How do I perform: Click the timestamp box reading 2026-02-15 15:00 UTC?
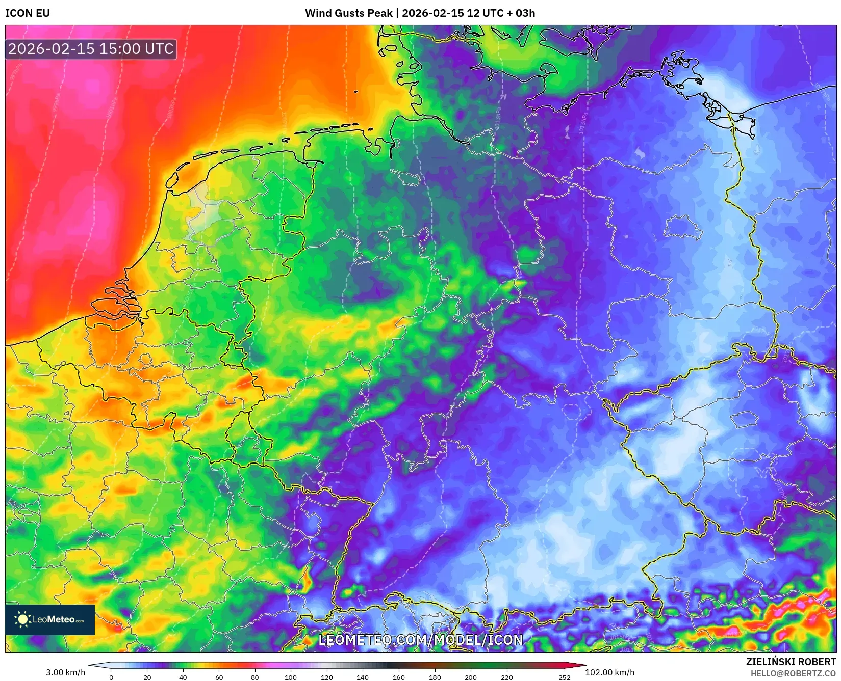[91, 49]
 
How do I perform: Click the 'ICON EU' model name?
[28, 13]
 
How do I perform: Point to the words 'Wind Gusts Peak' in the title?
[349, 13]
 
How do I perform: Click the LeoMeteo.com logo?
[50, 619]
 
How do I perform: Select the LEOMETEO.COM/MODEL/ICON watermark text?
[421, 640]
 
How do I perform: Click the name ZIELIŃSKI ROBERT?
[791, 662]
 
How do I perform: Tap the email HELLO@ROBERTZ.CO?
[793, 673]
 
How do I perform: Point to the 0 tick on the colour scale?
[111, 677]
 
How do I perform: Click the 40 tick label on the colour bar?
[183, 677]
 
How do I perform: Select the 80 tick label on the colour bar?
[255, 677]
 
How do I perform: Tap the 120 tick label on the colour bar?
[327, 677]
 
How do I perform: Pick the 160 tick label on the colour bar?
[399, 677]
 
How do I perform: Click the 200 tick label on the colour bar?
[471, 677]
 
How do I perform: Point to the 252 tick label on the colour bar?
[564, 677]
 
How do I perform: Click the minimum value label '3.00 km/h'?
[66, 672]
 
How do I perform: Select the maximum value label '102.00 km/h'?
[610, 672]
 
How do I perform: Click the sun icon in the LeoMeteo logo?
[22, 619]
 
